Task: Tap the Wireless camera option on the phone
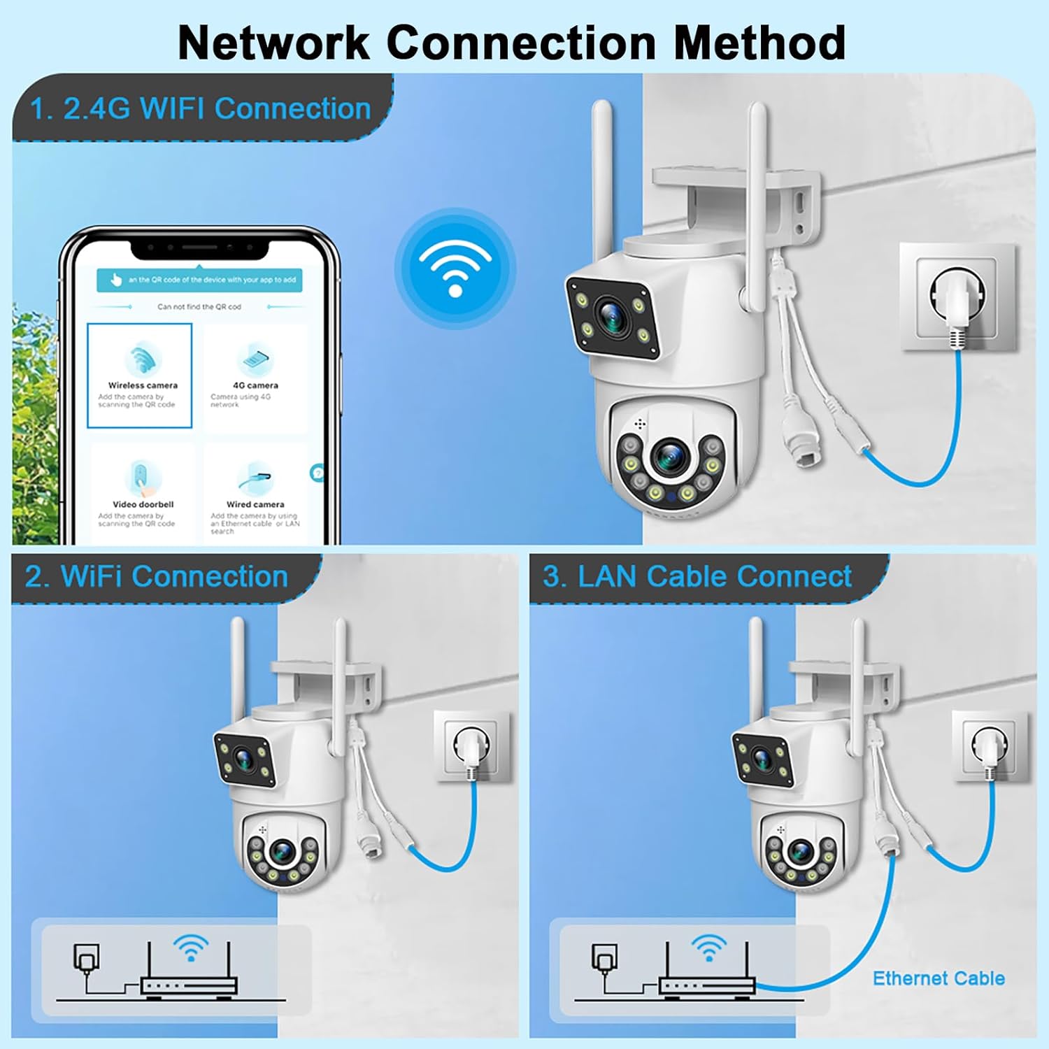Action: coord(140,376)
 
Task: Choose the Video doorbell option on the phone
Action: coord(142,493)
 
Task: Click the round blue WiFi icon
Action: coord(455,268)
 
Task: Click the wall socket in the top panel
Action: coord(958,297)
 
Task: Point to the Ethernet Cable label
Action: coord(939,978)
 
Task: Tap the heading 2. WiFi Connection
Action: coord(157,577)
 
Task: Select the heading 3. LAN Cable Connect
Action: coord(697,577)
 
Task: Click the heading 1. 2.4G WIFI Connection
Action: coord(200,109)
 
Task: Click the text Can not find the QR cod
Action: coord(199,306)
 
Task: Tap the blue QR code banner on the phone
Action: coord(199,280)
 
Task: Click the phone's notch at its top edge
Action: coord(200,248)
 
